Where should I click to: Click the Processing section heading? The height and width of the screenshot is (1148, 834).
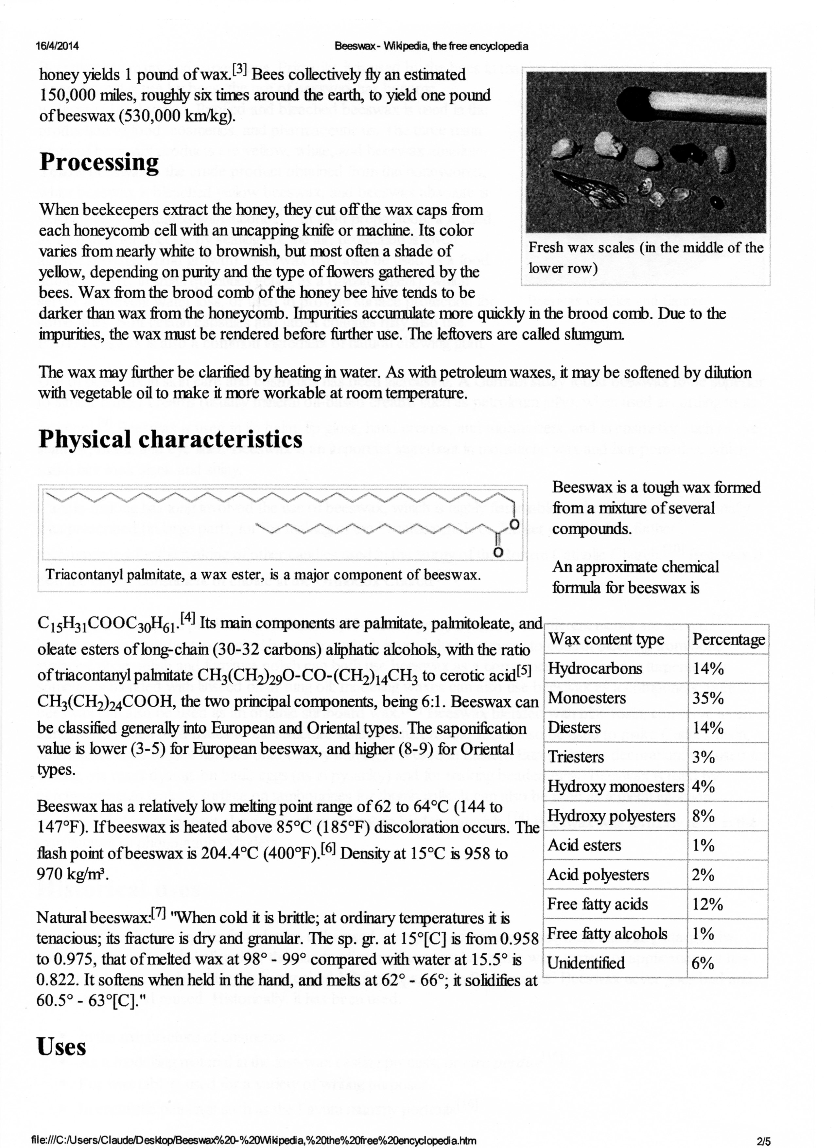pos(99,163)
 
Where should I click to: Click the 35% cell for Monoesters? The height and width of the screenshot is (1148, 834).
pos(708,698)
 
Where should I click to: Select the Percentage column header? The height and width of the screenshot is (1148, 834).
pos(728,639)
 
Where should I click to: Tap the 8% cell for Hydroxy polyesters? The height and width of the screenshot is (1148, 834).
pos(704,816)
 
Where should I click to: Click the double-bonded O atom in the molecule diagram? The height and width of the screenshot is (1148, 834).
pos(497,552)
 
